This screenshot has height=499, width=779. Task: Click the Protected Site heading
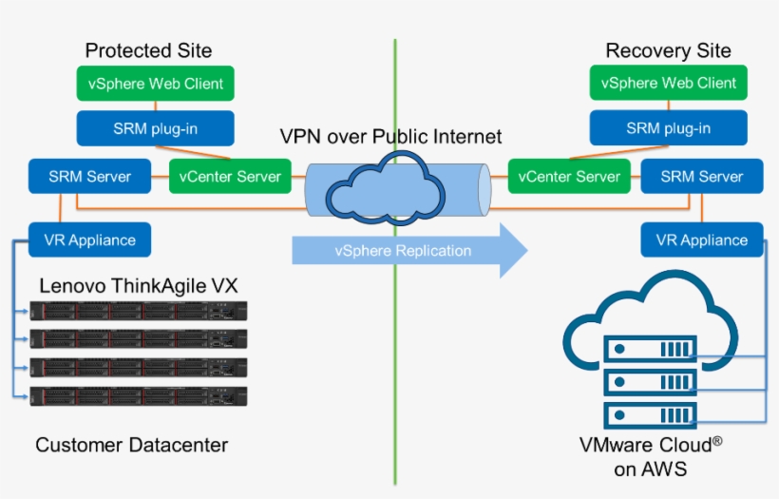tap(148, 50)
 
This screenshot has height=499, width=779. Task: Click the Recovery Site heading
tap(668, 50)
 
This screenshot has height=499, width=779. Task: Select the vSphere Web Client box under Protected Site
tap(156, 84)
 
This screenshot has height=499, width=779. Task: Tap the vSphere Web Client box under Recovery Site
tap(669, 84)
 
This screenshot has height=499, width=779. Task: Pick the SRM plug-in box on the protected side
tap(155, 128)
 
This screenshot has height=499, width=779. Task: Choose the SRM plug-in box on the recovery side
tap(668, 128)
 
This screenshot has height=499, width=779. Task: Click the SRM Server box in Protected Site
tap(89, 176)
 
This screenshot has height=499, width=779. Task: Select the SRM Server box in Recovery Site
tap(702, 176)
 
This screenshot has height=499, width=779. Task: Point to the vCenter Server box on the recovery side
tap(570, 176)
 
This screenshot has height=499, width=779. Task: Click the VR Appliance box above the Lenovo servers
tap(89, 240)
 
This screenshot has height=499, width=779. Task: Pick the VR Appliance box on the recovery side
tap(702, 240)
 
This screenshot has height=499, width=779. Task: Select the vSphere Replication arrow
tap(408, 251)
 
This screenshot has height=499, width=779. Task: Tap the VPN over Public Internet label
tap(390, 137)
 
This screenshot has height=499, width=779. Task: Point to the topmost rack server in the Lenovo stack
tap(139, 310)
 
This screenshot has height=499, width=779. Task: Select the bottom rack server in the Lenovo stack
tap(139, 396)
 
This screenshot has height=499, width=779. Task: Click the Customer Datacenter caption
tap(132, 445)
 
